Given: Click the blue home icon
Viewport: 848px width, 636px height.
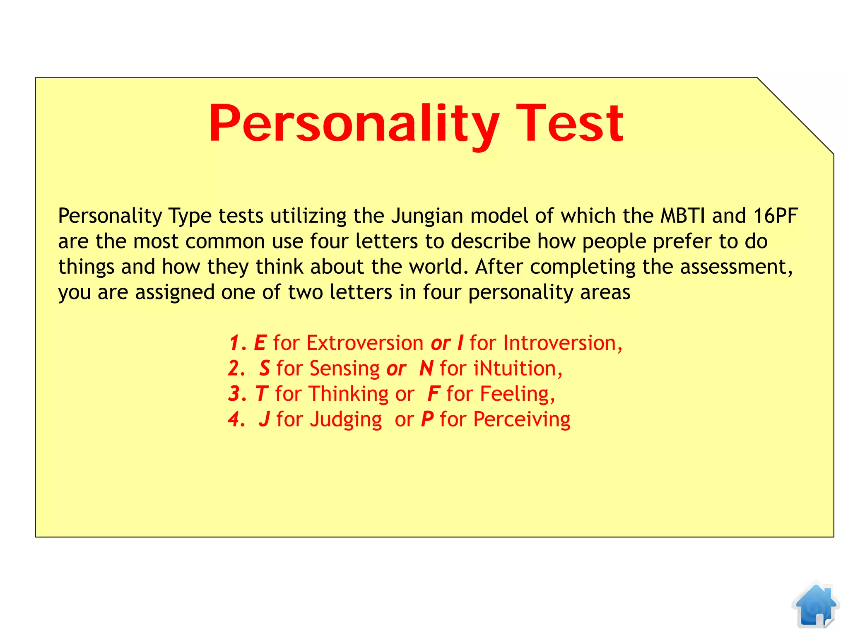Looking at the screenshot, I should pos(815,606).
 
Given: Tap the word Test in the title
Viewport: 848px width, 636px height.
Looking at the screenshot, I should pos(569,123).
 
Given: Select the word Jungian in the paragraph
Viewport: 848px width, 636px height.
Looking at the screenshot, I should pos(427,216).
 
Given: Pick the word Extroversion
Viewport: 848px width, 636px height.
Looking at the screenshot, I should pos(365,343).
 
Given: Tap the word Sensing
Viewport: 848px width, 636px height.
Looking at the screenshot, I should pos(344,369).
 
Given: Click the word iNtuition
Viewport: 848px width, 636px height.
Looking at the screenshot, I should pos(517,369).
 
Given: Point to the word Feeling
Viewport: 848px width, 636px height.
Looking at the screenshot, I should pos(516,394).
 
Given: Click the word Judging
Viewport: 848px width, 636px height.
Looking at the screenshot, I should pos(346,419).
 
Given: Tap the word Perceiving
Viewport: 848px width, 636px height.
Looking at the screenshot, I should pos(522,419).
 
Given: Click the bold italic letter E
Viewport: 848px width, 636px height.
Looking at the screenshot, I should pos(260,343).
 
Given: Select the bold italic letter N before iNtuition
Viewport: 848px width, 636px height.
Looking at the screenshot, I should pos(426,369).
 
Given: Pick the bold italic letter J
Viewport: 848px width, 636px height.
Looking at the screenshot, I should pos(265,419).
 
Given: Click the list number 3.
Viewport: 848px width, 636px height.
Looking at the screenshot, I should pos(235,394).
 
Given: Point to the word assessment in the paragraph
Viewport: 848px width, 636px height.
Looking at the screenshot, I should pos(736,267).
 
